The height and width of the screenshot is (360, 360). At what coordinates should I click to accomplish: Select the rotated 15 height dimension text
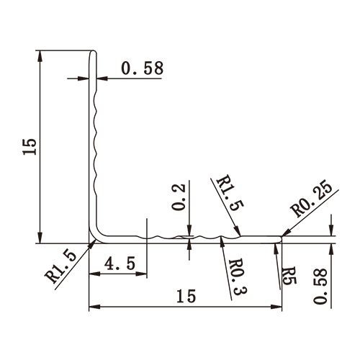pos(29,148)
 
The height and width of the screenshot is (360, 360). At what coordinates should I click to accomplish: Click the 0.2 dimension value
pos(181,197)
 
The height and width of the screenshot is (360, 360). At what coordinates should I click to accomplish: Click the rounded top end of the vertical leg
pos(92,53)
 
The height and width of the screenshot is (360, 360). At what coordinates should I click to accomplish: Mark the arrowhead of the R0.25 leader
pos(285,233)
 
